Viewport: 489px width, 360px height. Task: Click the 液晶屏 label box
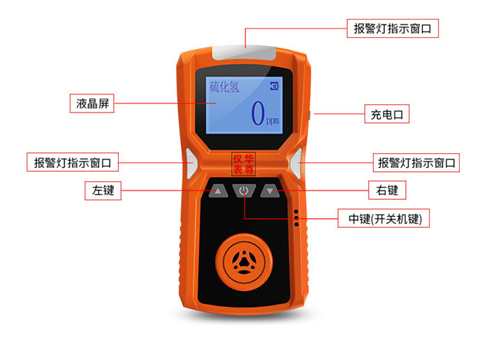tap(92, 103)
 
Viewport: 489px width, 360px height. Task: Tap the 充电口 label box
tap(387, 114)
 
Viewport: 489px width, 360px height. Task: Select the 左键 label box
tap(103, 191)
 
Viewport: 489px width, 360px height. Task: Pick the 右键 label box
tap(387, 190)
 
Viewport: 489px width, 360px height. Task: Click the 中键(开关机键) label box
tap(384, 218)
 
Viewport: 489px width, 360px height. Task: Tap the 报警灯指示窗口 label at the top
tap(393, 29)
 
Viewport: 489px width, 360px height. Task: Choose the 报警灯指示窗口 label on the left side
tap(73, 162)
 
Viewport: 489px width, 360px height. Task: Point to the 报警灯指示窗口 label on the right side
tap(416, 163)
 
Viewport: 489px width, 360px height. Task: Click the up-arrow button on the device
tap(218, 191)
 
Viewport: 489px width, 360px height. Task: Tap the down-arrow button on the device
tap(270, 191)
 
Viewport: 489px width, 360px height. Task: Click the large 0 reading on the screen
tap(258, 113)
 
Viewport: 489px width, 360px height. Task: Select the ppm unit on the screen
tap(272, 120)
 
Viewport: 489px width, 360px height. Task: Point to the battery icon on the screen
tap(274, 86)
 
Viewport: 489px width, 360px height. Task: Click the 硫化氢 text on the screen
tap(224, 87)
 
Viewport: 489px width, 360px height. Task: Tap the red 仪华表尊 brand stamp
tap(243, 164)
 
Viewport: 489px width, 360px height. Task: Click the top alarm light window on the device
tap(244, 53)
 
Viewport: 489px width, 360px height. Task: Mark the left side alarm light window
tap(191, 164)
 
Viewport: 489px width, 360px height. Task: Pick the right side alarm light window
tap(296, 164)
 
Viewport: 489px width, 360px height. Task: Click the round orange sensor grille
tap(244, 261)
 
